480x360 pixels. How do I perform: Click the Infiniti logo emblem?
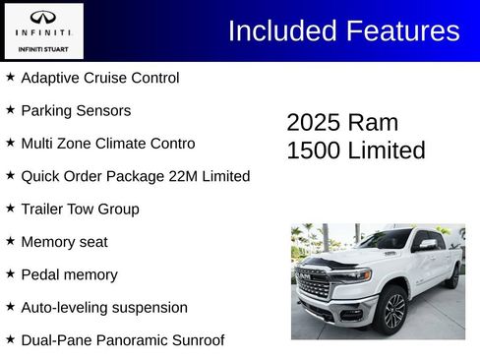click(x=42, y=17)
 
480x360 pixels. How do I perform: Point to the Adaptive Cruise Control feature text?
click(x=99, y=78)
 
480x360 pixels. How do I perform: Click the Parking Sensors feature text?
click(x=75, y=110)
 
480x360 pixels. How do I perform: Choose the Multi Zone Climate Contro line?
click(x=107, y=144)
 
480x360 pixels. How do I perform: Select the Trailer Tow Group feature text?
click(x=80, y=209)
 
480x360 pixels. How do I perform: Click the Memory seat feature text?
click(x=64, y=242)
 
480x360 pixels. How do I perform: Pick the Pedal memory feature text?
click(x=69, y=274)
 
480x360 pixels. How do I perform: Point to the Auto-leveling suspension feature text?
click(x=103, y=307)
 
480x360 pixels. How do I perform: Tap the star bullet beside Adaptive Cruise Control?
click(x=10, y=77)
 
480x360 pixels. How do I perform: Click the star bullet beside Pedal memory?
click(x=10, y=273)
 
